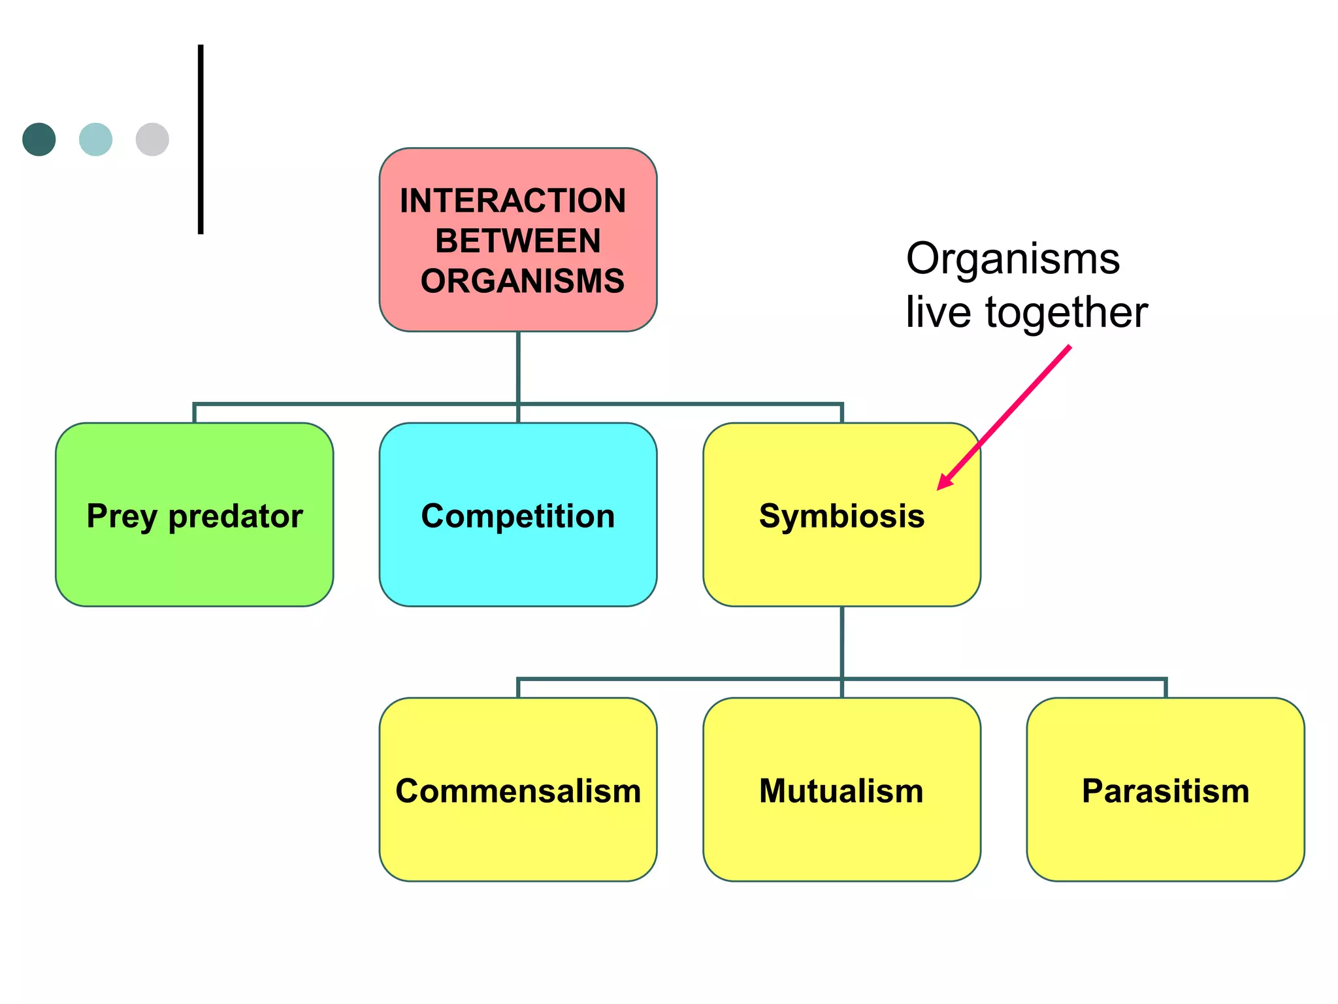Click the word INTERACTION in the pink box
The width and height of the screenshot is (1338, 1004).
(513, 201)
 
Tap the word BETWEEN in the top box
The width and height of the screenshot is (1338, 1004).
(517, 241)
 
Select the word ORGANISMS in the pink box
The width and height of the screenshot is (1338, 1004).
(522, 281)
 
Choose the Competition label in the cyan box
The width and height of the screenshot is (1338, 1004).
(517, 516)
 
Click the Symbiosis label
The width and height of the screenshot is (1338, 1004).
(841, 516)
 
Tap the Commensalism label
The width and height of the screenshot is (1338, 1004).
(517, 791)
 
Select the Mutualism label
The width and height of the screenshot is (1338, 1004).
(841, 791)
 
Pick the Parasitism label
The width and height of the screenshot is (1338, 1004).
(1166, 791)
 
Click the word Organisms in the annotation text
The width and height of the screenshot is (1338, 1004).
(1013, 259)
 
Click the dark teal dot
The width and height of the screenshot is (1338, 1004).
(39, 139)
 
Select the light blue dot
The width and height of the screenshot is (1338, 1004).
(95, 139)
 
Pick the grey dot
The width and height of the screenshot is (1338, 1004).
(152, 139)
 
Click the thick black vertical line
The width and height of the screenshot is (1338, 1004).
(201, 139)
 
